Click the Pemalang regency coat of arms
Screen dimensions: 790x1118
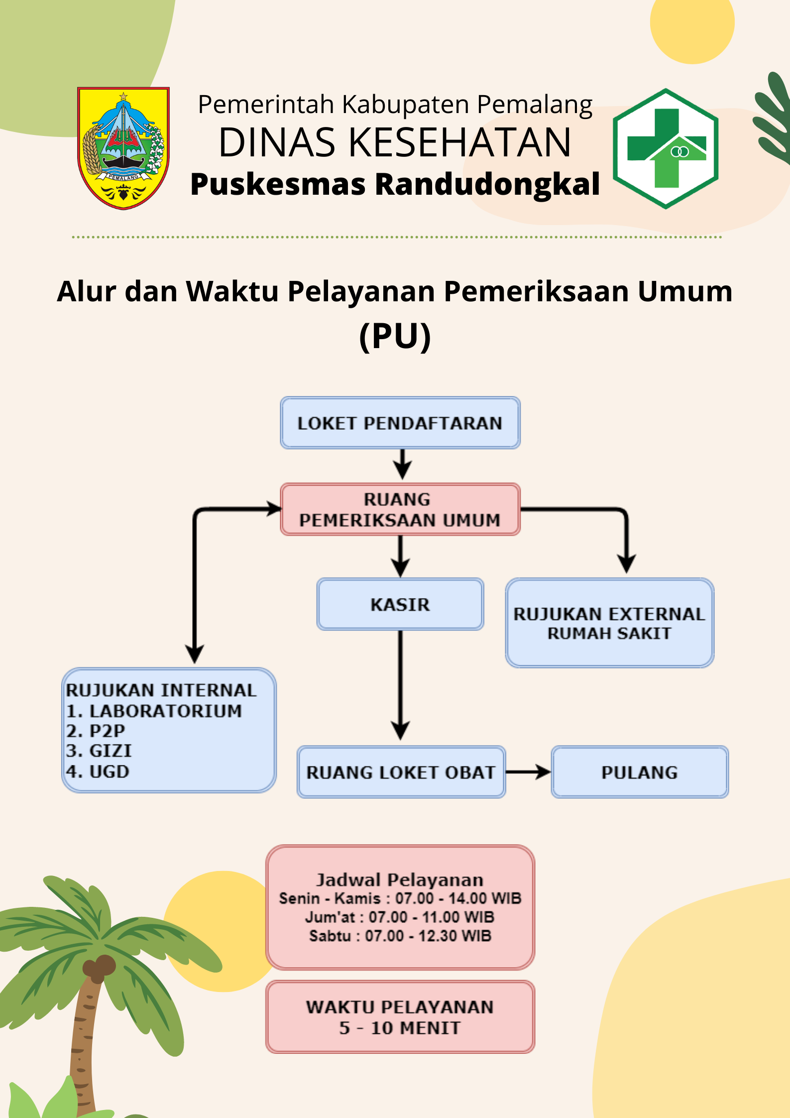pyautogui.click(x=123, y=148)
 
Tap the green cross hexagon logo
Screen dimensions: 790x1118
pyautogui.click(x=666, y=148)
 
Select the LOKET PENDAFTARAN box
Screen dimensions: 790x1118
pyautogui.click(x=400, y=423)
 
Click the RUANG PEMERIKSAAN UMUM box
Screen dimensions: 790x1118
pyautogui.click(x=400, y=509)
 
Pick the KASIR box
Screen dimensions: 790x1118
pyautogui.click(x=400, y=604)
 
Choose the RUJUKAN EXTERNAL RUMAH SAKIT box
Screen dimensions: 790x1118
pyautogui.click(x=610, y=623)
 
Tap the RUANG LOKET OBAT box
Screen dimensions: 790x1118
pyautogui.click(x=401, y=772)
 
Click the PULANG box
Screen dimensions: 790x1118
pyautogui.click(x=640, y=772)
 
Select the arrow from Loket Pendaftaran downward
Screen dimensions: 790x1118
pyautogui.click(x=402, y=464)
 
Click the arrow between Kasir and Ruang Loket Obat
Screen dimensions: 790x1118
pyautogui.click(x=400, y=685)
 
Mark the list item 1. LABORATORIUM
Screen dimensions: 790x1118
pyautogui.click(x=154, y=711)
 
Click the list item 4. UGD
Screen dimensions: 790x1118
pyautogui.click(x=98, y=771)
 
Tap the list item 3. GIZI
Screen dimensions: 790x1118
pyautogui.click(x=99, y=750)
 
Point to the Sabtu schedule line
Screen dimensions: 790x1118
pyautogui.click(x=400, y=936)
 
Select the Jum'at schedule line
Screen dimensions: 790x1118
pyautogui.click(x=400, y=917)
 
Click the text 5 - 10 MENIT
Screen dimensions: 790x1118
pyautogui.click(x=400, y=1028)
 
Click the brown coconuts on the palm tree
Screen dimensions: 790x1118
pyautogui.click(x=99, y=968)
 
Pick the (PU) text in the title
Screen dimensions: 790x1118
pyautogui.click(x=395, y=337)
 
